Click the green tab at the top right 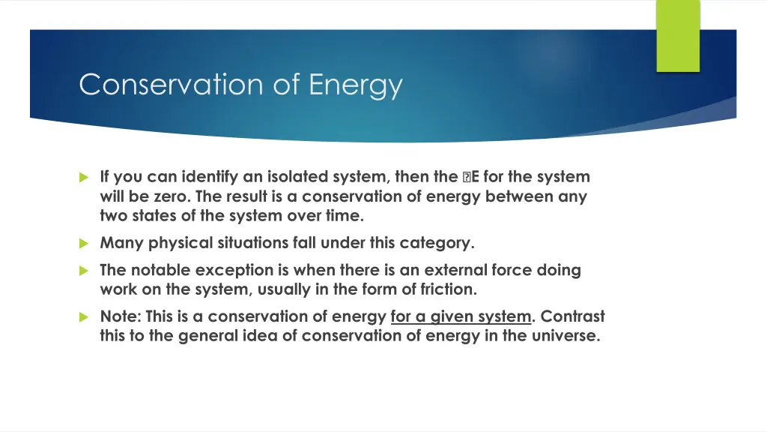coord(677,35)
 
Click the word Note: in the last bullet coord(121,316)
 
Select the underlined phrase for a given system coord(460,316)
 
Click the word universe coord(566,336)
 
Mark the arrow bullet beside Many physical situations coord(84,243)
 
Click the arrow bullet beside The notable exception coord(84,270)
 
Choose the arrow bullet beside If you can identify coord(84,178)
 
